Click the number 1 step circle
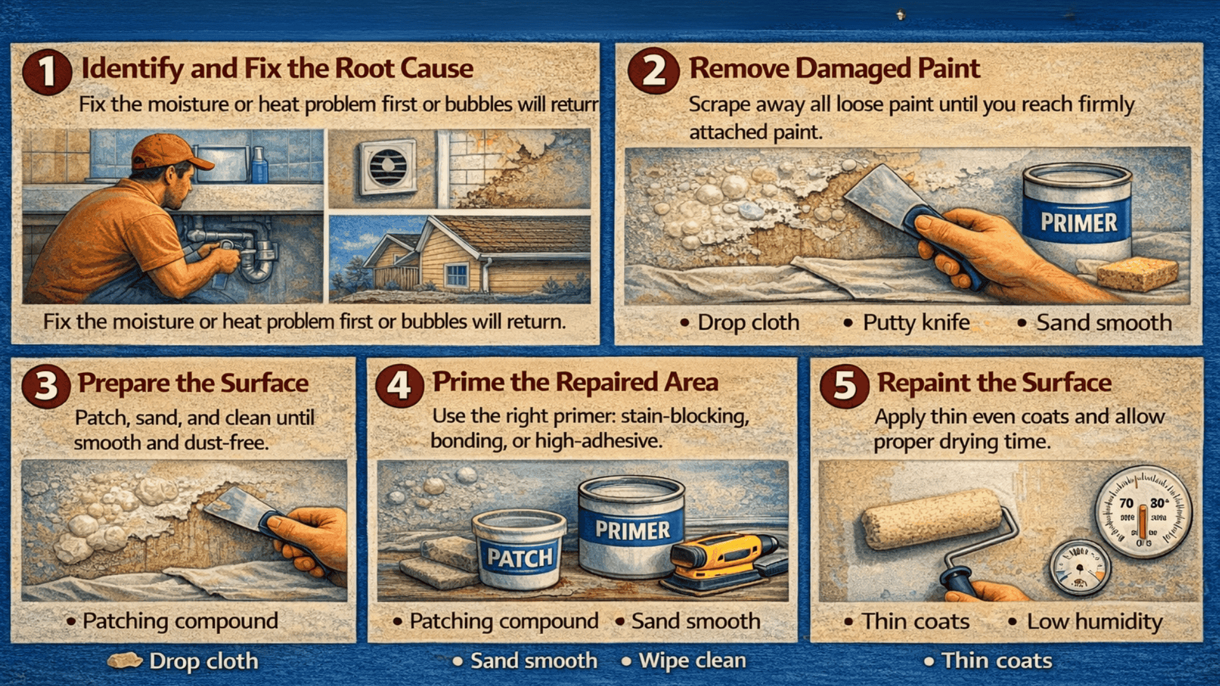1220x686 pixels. (x=46, y=71)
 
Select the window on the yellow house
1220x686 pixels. (x=456, y=275)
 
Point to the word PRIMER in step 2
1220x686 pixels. (x=1078, y=223)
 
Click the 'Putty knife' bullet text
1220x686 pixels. (x=916, y=323)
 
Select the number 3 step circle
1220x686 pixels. (x=46, y=386)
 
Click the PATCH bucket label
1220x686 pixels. (x=520, y=558)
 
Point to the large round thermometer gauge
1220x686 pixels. (x=1142, y=512)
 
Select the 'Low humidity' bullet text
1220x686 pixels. (x=1094, y=621)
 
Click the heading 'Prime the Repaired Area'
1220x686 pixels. (x=575, y=382)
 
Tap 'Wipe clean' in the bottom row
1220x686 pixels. (x=692, y=661)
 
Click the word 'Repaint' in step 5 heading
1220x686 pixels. (x=925, y=383)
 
